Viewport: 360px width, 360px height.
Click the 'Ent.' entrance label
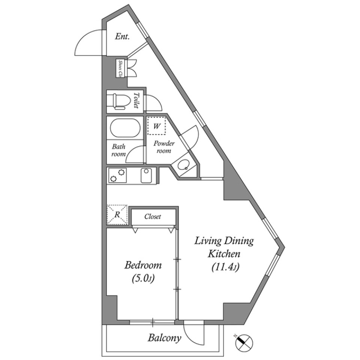point(122,36)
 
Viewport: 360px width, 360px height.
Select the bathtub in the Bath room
point(125,128)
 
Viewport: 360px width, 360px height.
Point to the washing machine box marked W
point(157,126)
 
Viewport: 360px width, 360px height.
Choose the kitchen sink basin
point(146,175)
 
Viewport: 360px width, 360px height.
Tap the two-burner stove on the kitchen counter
point(117,175)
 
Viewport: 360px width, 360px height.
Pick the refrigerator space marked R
point(117,214)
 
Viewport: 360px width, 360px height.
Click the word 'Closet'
point(153,216)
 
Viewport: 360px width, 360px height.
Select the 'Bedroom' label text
point(143,265)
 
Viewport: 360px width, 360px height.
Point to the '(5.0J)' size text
point(143,279)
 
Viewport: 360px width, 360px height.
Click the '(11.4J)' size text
point(225,267)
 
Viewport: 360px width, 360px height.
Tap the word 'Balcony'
point(165,338)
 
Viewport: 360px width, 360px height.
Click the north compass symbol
point(244,342)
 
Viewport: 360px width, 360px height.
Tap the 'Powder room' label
point(164,147)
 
